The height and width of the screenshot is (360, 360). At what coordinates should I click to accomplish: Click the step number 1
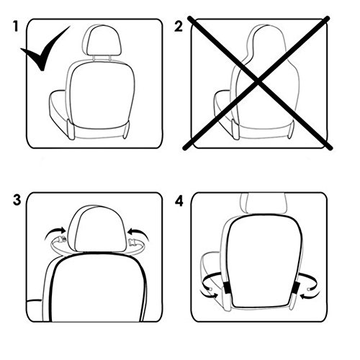[x=16, y=27]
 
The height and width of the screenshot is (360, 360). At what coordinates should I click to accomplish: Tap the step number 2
[x=179, y=27]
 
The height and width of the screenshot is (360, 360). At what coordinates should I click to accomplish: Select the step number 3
[x=17, y=199]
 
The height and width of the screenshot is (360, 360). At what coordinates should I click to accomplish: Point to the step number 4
[x=179, y=202]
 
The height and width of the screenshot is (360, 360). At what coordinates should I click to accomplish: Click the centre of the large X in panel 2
[x=258, y=82]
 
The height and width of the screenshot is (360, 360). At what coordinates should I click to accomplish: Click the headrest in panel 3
[x=98, y=228]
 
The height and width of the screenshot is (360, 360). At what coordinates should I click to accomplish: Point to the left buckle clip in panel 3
[x=63, y=239]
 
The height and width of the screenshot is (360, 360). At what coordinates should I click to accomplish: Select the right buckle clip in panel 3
[x=132, y=243]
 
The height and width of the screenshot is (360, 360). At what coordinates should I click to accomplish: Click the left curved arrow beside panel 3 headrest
[x=55, y=233]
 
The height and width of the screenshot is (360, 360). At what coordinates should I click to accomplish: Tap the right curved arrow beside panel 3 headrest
[x=138, y=233]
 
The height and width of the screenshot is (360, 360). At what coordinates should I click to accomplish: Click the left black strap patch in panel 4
[x=227, y=287]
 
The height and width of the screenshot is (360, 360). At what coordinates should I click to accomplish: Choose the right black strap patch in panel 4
[x=296, y=287]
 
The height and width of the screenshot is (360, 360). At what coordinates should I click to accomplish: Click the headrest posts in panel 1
[x=102, y=58]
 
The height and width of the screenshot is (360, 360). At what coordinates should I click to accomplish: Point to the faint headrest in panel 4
[x=264, y=204]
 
